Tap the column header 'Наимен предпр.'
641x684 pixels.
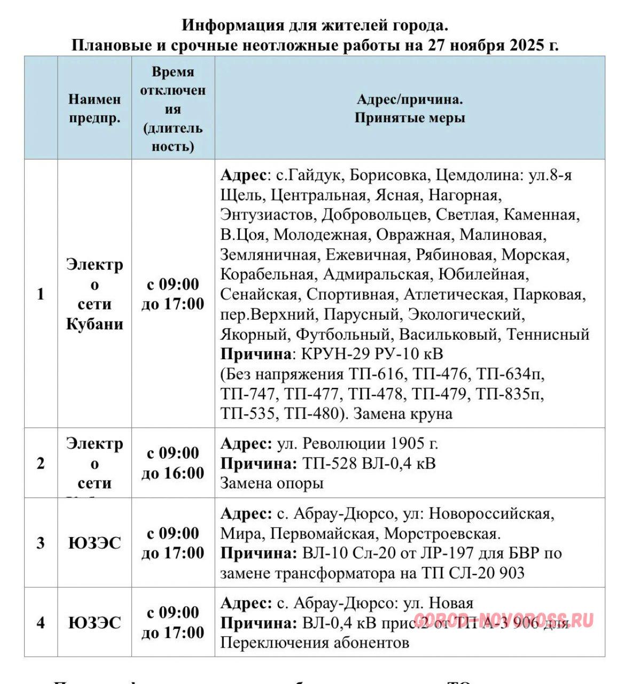[95, 108]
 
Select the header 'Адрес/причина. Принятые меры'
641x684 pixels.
[410, 108]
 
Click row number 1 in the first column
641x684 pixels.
[41, 294]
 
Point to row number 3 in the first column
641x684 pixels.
[41, 543]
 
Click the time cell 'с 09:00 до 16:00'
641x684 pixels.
[173, 463]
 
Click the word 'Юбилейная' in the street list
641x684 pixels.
[483, 274]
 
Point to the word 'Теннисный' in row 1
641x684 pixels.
[548, 334]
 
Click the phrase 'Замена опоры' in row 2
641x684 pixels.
[272, 483]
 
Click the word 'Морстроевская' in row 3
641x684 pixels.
[442, 533]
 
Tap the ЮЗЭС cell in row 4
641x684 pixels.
[95, 623]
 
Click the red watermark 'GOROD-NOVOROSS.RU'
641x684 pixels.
[504, 620]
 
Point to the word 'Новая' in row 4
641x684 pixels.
[451, 603]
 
